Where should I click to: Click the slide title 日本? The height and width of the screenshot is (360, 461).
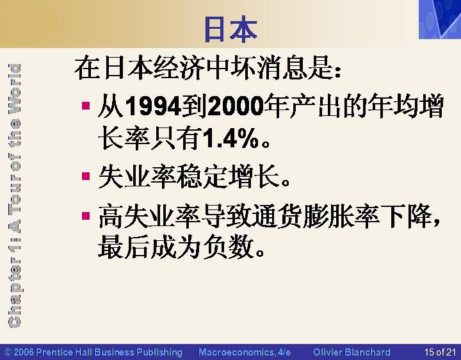click(230, 29)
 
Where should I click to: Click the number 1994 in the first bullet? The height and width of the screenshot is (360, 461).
click(153, 106)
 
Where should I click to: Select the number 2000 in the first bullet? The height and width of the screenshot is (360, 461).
click(236, 106)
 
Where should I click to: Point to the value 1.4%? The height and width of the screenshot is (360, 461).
click(230, 138)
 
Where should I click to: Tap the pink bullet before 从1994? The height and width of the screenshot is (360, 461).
click(86, 106)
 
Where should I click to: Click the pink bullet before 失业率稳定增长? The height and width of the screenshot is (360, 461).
click(86, 176)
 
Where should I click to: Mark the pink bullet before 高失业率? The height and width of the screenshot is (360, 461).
click(86, 216)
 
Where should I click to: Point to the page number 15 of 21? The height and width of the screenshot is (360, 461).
click(440, 352)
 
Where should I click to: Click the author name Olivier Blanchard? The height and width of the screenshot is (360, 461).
click(352, 352)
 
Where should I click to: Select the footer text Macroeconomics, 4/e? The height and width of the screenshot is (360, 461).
click(245, 352)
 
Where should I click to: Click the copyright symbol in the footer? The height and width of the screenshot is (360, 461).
click(8, 352)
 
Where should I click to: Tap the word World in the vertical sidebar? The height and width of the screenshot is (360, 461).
click(14, 88)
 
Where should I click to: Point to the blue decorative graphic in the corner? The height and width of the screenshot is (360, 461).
click(440, 19)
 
